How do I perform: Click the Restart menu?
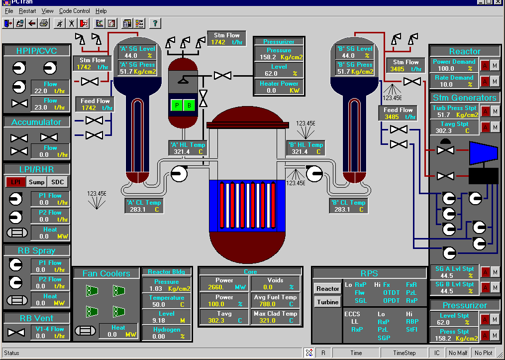(27, 11)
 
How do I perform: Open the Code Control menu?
(75, 11)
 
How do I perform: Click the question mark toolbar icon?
(155, 23)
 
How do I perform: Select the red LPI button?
(15, 182)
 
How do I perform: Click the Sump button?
(37, 182)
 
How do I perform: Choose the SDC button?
(58, 182)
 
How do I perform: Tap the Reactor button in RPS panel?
(327, 288)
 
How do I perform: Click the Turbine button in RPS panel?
(327, 302)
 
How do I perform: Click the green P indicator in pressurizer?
(177, 105)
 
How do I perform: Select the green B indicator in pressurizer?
(189, 105)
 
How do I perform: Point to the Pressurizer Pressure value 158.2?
(268, 57)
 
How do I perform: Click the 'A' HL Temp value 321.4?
(182, 152)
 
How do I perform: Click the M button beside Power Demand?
(495, 65)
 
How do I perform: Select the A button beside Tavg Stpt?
(485, 127)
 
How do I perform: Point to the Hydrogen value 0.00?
(159, 337)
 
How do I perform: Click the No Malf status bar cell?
(458, 353)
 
